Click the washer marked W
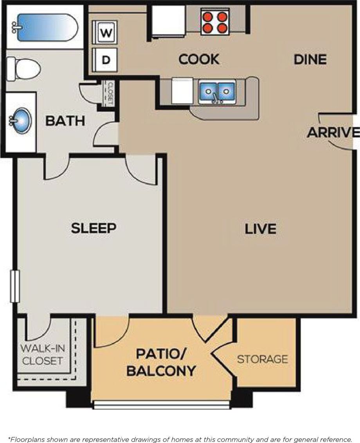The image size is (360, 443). (x=105, y=33)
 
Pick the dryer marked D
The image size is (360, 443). (x=105, y=60)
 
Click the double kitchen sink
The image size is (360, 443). (x=217, y=92)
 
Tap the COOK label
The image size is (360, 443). (x=199, y=59)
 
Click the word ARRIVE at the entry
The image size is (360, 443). (x=333, y=133)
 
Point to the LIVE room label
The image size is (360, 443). (x=261, y=229)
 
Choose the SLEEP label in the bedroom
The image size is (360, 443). (x=94, y=228)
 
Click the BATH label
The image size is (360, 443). (x=65, y=121)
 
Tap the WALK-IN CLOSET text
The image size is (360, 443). (x=43, y=354)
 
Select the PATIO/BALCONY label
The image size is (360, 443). (x=161, y=362)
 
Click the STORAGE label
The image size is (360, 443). (x=263, y=359)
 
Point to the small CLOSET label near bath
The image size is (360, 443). (x=110, y=93)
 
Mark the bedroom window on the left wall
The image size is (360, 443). (x=15, y=286)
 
